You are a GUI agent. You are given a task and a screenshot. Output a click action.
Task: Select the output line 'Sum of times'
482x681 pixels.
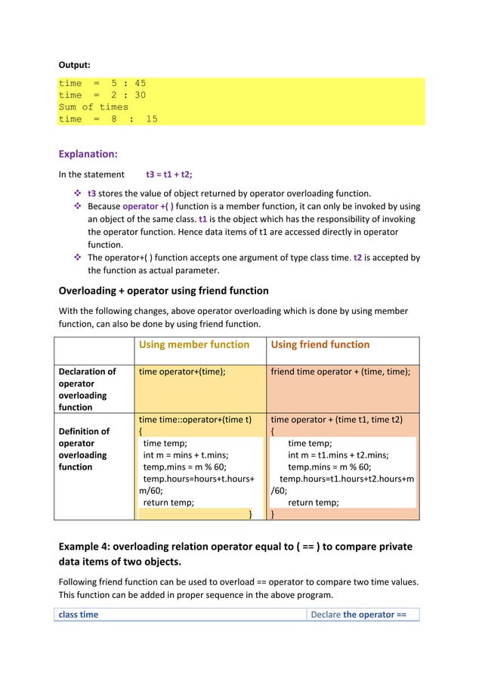[94, 107]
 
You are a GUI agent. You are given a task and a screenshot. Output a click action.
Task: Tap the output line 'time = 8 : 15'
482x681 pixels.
[108, 119]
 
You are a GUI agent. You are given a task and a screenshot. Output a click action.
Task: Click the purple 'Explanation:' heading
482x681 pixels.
[88, 155]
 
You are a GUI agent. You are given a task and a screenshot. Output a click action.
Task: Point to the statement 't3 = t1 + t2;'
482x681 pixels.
[168, 175]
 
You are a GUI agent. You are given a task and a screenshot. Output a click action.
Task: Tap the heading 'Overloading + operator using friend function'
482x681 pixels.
[163, 291]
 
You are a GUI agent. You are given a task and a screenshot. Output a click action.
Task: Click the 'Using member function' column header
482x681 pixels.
[193, 345]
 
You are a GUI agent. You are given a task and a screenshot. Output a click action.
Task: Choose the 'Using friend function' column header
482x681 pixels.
[320, 345]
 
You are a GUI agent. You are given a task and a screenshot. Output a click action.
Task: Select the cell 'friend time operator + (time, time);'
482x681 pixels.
[341, 371]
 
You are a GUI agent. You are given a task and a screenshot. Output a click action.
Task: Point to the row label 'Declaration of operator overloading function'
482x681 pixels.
[88, 389]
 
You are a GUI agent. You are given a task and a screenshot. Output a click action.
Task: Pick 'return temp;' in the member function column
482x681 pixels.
[168, 502]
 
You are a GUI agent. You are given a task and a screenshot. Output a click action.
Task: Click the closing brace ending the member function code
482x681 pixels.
[251, 514]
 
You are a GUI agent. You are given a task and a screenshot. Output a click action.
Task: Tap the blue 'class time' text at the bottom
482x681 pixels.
[79, 615]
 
